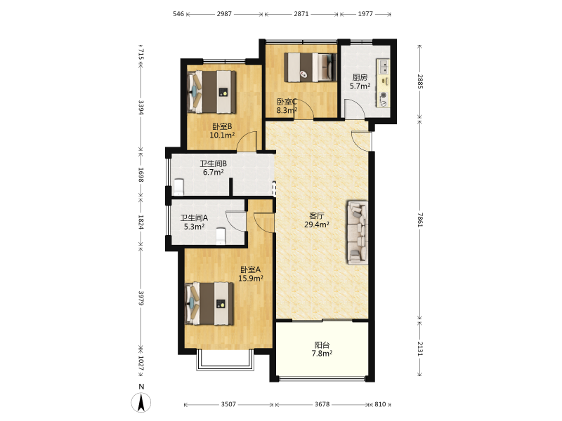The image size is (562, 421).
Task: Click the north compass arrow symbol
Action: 141,402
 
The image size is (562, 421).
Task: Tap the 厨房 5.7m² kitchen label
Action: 360,81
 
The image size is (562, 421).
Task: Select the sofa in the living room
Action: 358,232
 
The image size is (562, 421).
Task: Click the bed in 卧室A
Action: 209,304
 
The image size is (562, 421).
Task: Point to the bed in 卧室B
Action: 212,92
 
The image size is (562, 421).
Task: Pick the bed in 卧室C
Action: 311,67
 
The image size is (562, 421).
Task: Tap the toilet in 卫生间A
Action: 221,236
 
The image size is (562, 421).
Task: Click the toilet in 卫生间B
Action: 178,187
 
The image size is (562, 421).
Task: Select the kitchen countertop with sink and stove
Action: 383,83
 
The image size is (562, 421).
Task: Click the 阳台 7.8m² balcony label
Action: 322,349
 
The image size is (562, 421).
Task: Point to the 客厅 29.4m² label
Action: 317,220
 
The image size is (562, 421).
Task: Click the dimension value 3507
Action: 228,404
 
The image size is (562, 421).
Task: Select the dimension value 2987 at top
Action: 224,14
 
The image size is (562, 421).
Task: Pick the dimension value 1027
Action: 141,363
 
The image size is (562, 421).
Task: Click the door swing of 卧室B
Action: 247,141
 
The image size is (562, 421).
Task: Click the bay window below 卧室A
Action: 225,360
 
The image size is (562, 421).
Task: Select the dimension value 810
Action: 380,404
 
